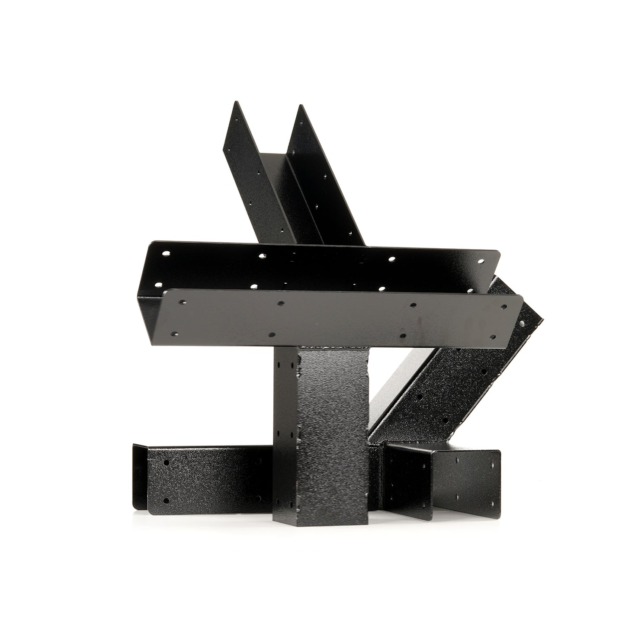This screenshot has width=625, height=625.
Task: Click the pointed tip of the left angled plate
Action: coord(234,102)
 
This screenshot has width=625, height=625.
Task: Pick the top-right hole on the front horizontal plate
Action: coord(503,307)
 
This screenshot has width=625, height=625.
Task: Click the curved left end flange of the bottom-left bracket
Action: coord(139,476)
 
